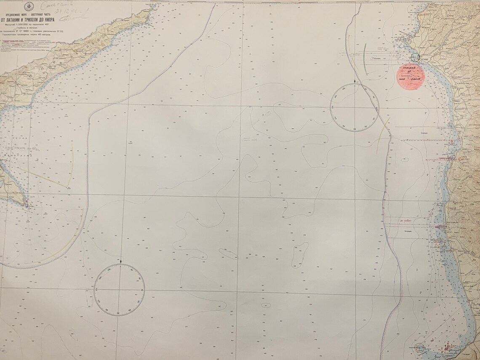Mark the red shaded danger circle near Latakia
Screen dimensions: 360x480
pyautogui.click(x=412, y=75)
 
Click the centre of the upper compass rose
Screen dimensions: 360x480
pyautogui.click(x=355, y=107)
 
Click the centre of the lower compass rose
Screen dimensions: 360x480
pyautogui.click(x=119, y=289)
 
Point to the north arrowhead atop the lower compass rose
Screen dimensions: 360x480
pyautogui.click(x=121, y=263)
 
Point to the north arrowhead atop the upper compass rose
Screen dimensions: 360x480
pyautogui.click(x=356, y=81)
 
